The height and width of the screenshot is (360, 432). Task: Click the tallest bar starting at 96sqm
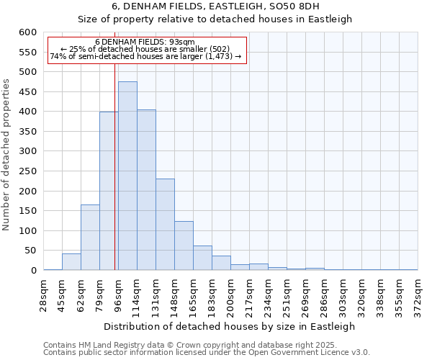coord(127,176)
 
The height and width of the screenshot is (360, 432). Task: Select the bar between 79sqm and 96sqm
coord(109,191)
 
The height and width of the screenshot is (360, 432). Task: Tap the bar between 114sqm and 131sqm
coord(146,190)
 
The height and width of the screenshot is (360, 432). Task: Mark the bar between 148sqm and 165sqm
coord(184,246)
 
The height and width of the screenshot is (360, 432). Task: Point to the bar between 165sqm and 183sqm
coord(202,258)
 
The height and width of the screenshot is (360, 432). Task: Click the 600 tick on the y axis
coord(27,32)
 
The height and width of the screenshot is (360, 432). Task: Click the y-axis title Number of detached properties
coord(7,155)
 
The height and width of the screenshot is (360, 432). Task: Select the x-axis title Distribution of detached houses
coord(230,326)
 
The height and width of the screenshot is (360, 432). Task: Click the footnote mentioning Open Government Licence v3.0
coord(207,353)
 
